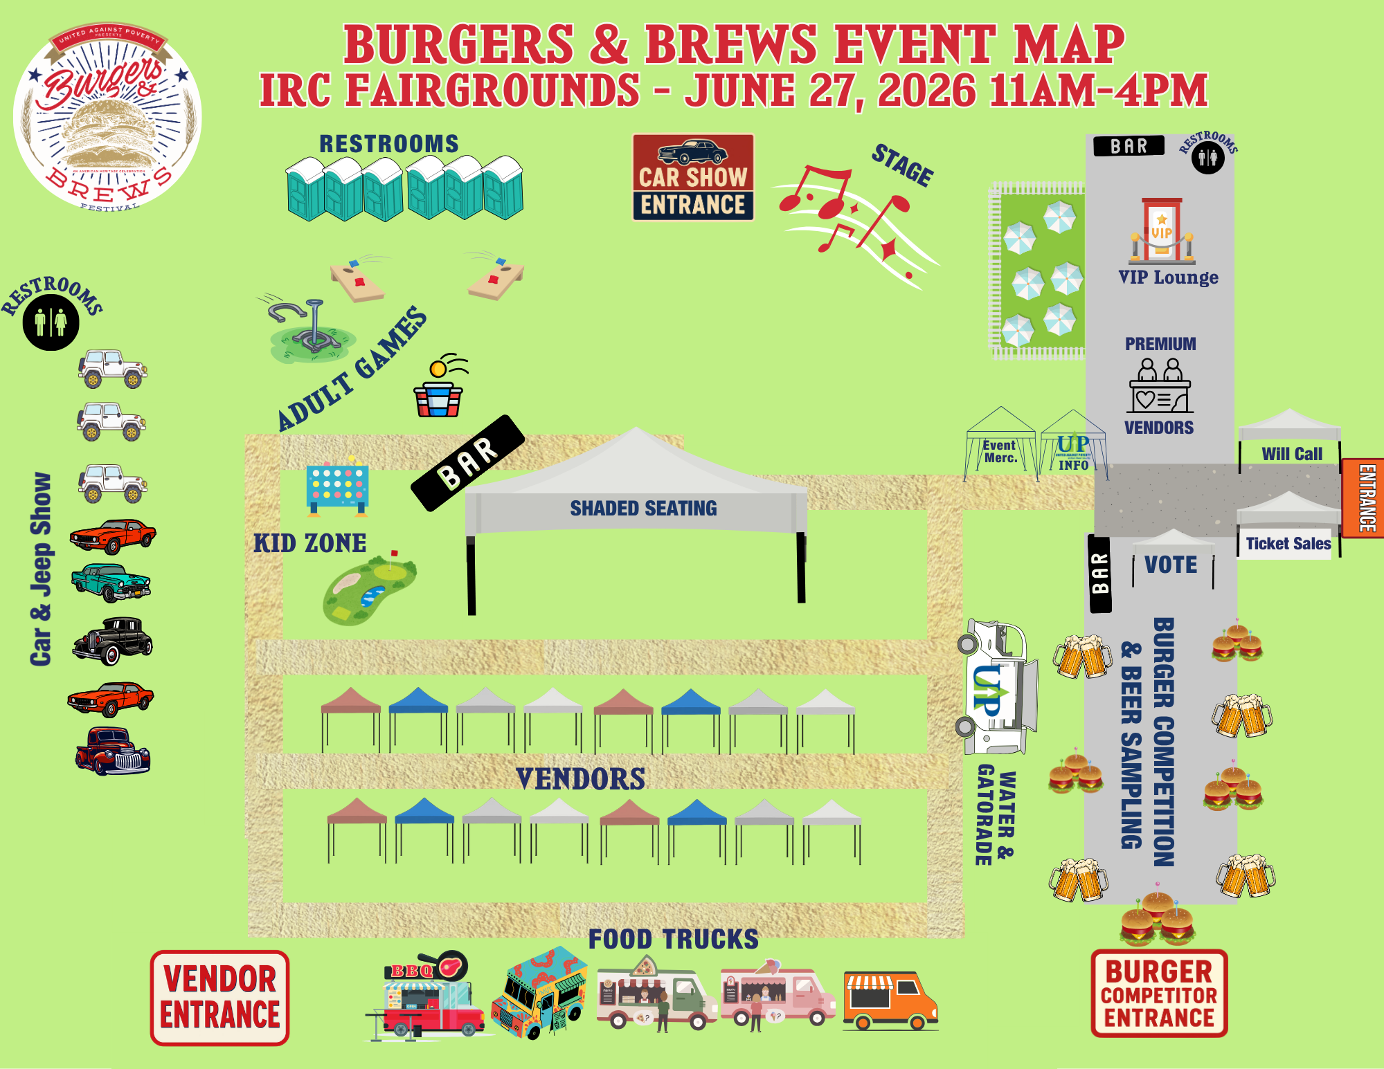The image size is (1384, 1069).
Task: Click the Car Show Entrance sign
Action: point(693,178)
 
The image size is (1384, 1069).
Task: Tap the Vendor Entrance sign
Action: point(219,998)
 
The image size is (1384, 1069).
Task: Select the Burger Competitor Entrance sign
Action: point(1159,994)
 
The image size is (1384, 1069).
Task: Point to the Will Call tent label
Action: point(1291,454)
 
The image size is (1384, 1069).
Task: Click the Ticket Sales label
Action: point(1288,544)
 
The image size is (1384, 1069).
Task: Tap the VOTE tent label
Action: point(1171,565)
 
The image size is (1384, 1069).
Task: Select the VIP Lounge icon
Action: point(1162,231)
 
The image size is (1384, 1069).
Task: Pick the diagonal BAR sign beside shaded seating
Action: point(468,462)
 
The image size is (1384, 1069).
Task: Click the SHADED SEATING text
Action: point(643,509)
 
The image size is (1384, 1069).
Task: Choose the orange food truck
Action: point(890,1001)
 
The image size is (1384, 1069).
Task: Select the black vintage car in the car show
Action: point(113,641)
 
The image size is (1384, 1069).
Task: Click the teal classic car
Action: point(111,582)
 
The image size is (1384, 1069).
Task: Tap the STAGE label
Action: point(902,165)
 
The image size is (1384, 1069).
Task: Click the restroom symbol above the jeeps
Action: point(51,322)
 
